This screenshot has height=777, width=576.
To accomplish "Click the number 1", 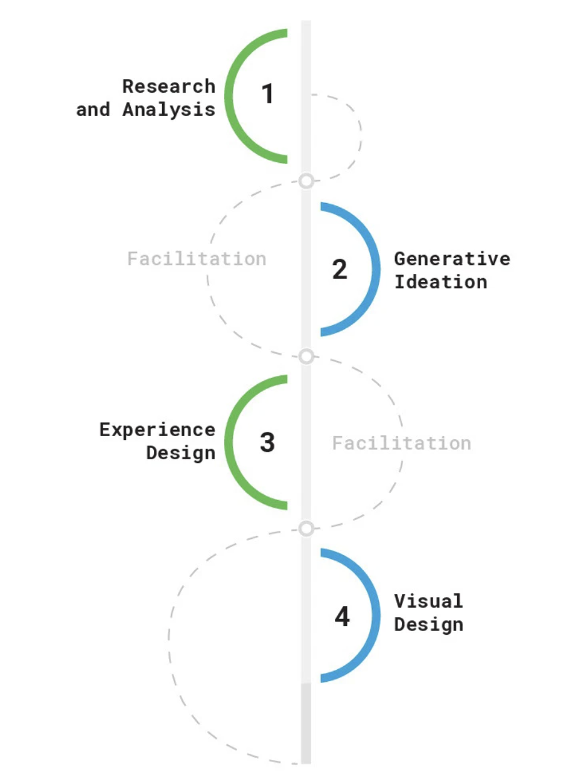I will click(267, 94).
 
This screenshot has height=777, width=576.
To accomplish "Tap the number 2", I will click(339, 269).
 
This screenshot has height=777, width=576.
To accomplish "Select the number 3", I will click(267, 442).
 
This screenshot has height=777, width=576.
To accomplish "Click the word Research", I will click(168, 86).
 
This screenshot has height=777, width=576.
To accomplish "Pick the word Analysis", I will click(168, 110).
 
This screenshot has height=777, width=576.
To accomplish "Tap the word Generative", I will click(451, 259).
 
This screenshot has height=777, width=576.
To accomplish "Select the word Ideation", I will click(440, 282).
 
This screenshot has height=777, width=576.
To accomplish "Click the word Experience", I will click(157, 430).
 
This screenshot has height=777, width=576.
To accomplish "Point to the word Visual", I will click(428, 602).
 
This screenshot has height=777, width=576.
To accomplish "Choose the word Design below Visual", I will click(428, 625).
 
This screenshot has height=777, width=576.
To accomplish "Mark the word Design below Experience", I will click(180, 453).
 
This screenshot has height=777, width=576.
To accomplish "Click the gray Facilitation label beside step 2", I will click(197, 259).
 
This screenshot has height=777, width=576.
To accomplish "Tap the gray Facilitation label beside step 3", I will click(401, 444).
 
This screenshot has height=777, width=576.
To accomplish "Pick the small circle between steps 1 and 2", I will click(306, 181).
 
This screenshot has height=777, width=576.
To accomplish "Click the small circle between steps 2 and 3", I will click(306, 357).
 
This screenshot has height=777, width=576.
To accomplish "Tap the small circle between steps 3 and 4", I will click(306, 529).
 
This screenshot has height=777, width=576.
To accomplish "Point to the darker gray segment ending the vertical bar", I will click(306, 723).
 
